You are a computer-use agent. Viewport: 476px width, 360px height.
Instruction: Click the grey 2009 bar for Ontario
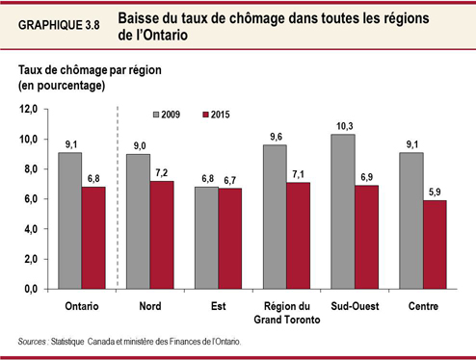69,220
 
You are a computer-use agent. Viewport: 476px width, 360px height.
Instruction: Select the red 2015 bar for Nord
162,235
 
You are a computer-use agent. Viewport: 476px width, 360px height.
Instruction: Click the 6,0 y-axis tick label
37,199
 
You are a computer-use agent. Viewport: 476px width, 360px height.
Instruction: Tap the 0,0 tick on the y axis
37,289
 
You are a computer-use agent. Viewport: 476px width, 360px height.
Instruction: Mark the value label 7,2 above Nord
162,171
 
